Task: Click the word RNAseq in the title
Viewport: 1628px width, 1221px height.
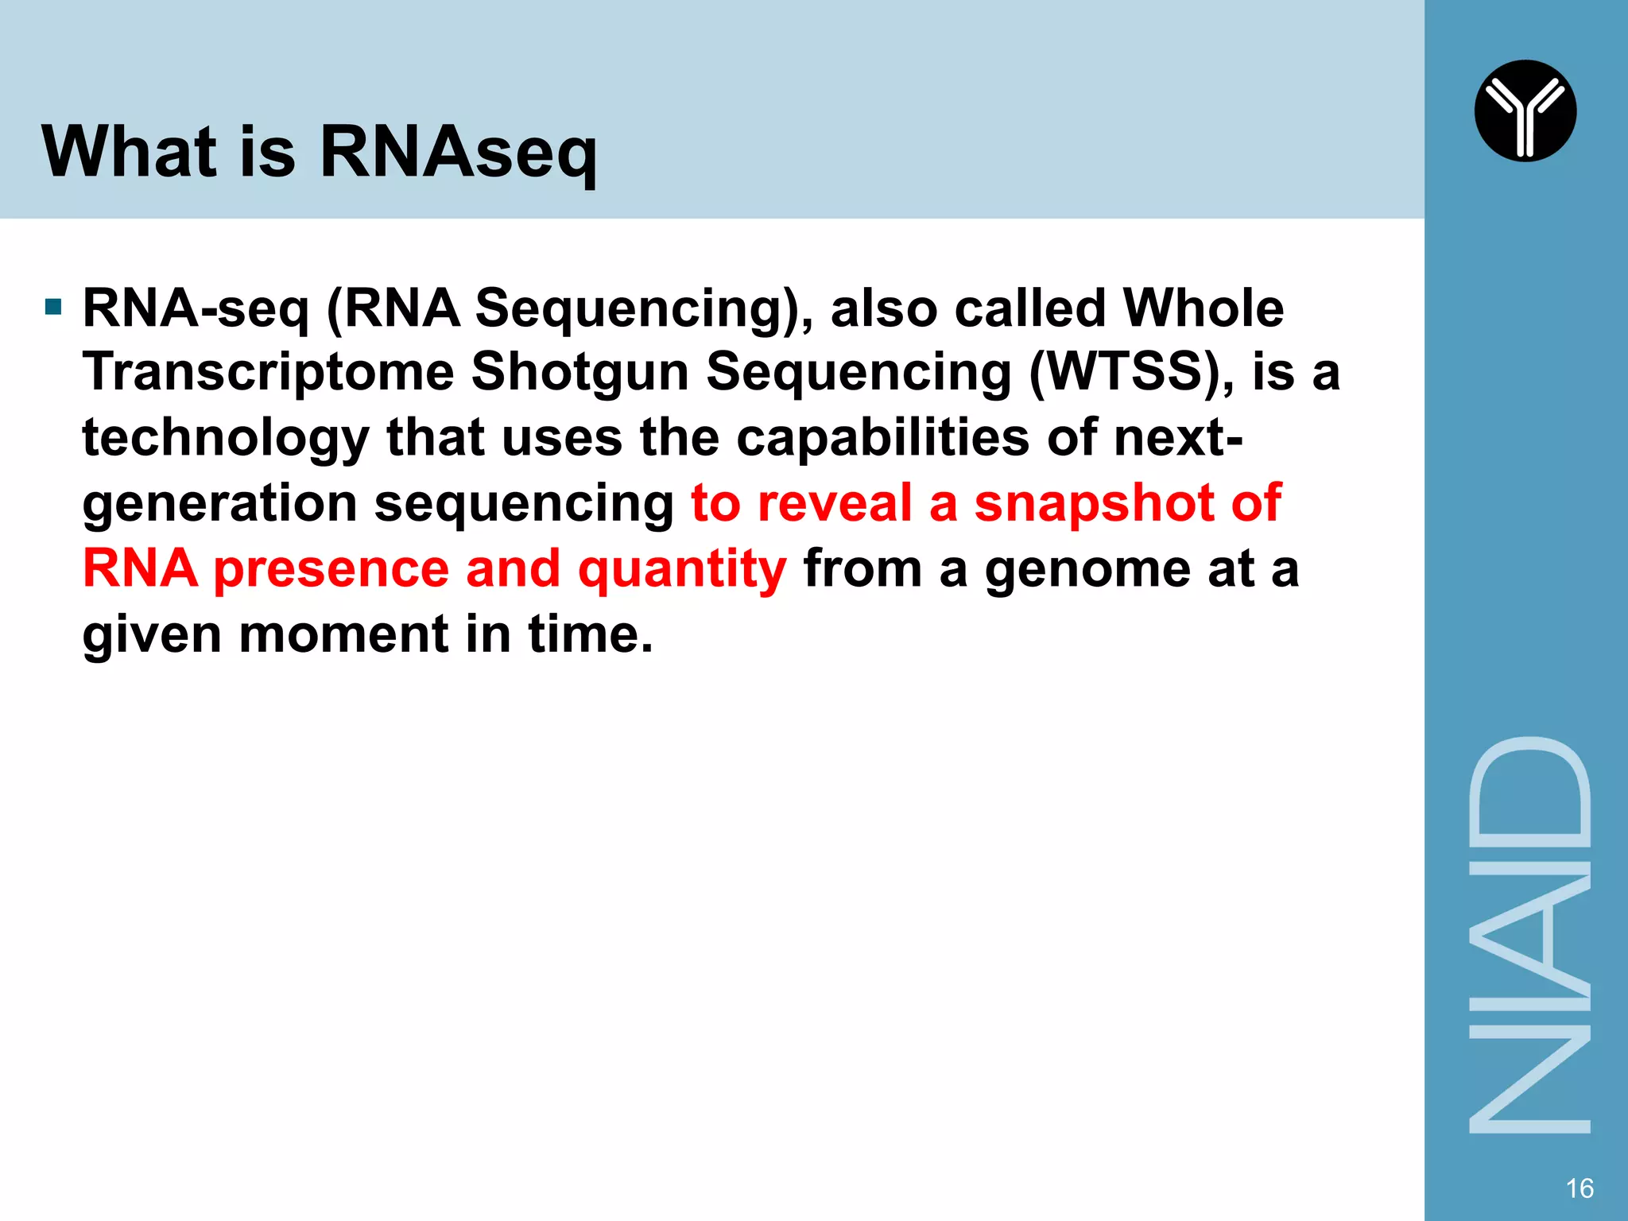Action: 458,153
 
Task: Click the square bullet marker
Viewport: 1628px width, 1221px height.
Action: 53,307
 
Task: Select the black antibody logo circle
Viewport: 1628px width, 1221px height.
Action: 1525,111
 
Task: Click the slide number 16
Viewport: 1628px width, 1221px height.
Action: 1579,1188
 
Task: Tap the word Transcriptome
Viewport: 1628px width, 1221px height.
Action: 268,372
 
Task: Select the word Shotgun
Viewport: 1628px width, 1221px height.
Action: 579,372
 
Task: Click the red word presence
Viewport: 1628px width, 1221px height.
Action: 331,569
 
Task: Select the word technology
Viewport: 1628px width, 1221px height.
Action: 226,439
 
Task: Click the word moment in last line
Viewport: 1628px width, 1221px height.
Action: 343,634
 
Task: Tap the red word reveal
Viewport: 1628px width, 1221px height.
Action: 834,503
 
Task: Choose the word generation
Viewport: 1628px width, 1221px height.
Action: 220,504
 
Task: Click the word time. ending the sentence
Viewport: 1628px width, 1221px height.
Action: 590,634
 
